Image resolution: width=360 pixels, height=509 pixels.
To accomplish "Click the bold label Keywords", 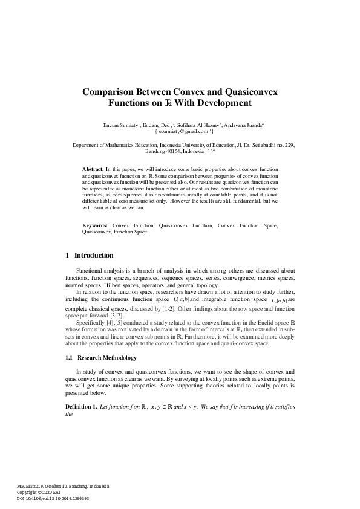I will tap(96, 225).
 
